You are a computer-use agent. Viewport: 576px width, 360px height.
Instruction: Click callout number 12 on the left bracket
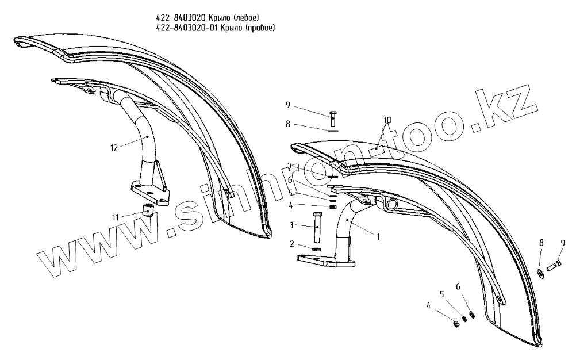tap(114, 148)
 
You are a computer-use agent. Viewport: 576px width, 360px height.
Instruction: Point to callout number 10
tap(387, 120)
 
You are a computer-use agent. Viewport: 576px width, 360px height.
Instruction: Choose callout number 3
tap(292, 225)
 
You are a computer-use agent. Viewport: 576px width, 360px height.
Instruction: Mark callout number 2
tap(292, 244)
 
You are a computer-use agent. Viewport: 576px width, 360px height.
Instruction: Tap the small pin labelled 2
tap(317, 249)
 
